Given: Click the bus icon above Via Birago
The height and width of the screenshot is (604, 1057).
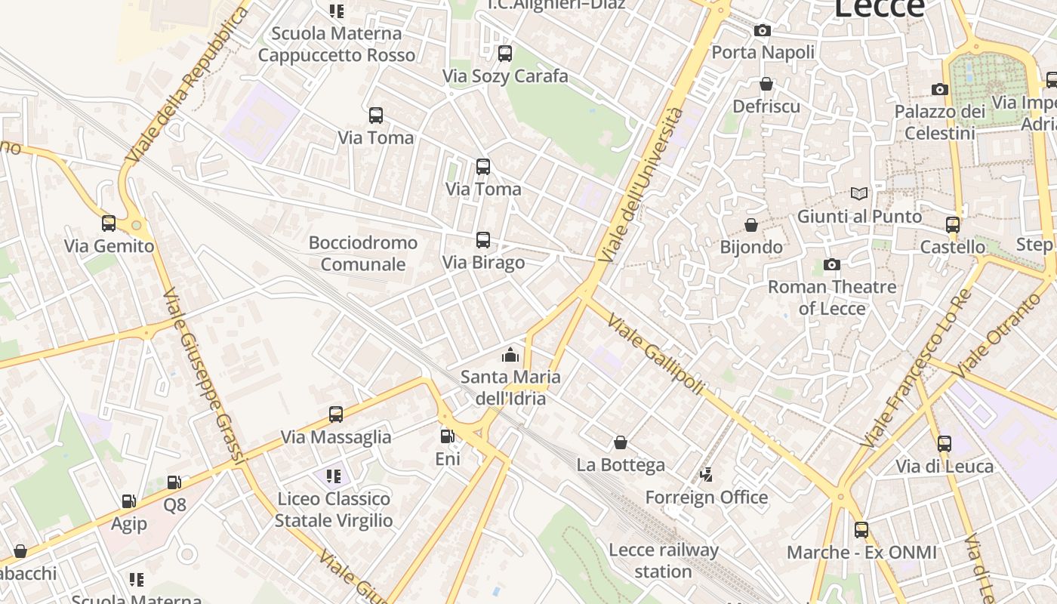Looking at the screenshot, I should pos(483,240).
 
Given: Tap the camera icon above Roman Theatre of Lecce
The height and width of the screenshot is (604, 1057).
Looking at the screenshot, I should pos(832,264).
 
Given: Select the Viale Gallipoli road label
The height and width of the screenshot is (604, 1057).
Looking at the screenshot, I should pos(655,353).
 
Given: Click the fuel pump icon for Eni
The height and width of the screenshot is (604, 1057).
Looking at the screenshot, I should pos(447,436).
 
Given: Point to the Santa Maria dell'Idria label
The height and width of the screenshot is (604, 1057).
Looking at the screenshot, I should pos(511,387).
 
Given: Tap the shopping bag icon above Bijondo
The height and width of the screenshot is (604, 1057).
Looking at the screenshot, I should pos(751,225).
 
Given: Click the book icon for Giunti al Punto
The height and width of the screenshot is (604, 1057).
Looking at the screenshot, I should pos(859,193).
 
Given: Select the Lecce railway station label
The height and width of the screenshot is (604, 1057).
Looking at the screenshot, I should pos(663,560).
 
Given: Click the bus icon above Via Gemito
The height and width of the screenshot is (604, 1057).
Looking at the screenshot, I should pos(109,223).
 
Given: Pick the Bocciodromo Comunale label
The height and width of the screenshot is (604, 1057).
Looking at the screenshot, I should pos(363,253).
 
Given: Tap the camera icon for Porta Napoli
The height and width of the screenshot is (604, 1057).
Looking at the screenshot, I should pos(763,31).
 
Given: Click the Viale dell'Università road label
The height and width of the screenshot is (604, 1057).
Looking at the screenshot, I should pos(641,185).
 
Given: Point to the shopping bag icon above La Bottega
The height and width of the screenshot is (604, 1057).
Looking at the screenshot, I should pos(621,442).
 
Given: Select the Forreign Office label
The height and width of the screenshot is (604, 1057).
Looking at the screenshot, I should pos(706,497).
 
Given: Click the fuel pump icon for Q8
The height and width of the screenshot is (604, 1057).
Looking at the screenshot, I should pos(174,482).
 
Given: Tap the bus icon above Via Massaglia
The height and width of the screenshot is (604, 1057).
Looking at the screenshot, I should pos(336,414).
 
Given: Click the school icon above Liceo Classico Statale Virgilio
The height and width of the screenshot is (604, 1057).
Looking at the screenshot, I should pos(334,476).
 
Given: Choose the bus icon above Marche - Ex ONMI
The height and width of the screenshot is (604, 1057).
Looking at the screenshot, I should pos(861,530).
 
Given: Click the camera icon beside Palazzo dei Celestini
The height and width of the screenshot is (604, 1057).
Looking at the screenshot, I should pos(940,89).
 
